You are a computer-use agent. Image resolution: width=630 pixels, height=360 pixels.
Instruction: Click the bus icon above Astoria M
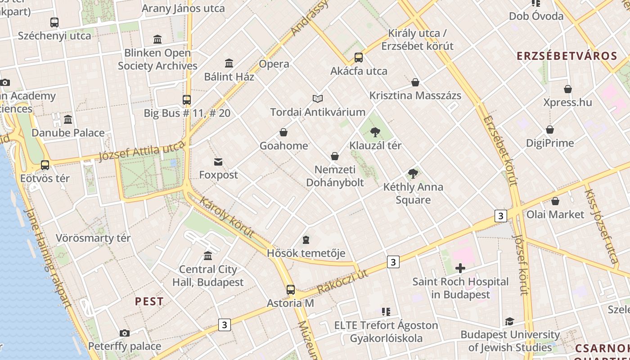click(x=291, y=289)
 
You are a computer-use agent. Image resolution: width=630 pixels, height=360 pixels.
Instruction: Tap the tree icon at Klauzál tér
click(x=375, y=132)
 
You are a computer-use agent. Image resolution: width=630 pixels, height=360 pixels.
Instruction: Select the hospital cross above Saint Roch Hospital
click(x=460, y=269)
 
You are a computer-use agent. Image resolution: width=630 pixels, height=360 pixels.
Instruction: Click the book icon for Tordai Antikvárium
click(x=318, y=99)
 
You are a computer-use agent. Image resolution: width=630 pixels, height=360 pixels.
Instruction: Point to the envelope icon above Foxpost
click(x=218, y=162)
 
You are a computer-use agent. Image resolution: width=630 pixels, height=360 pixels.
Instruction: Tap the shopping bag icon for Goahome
click(x=283, y=132)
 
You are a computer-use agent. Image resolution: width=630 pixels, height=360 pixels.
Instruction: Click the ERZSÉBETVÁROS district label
click(x=567, y=56)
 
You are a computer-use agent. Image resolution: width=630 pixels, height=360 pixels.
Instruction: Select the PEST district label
click(x=149, y=301)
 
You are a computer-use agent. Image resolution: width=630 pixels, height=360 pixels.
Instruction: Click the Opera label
click(x=274, y=64)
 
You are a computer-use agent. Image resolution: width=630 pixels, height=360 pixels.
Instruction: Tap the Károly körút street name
click(x=227, y=217)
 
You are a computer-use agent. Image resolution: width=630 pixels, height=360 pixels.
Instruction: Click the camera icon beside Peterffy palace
click(x=125, y=333)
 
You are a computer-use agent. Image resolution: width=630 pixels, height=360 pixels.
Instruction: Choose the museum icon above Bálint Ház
click(x=229, y=63)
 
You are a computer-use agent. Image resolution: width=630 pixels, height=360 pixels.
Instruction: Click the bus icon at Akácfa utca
click(x=358, y=58)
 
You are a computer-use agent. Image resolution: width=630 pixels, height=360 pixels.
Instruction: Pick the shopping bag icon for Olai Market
click(x=555, y=201)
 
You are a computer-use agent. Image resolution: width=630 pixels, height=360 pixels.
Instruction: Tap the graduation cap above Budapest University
click(x=509, y=321)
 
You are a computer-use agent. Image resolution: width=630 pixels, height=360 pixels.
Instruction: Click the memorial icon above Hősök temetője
click(x=306, y=239)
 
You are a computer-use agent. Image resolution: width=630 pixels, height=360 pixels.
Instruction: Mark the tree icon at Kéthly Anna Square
click(x=413, y=173)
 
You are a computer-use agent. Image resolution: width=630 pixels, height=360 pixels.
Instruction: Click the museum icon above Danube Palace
click(x=68, y=119)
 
